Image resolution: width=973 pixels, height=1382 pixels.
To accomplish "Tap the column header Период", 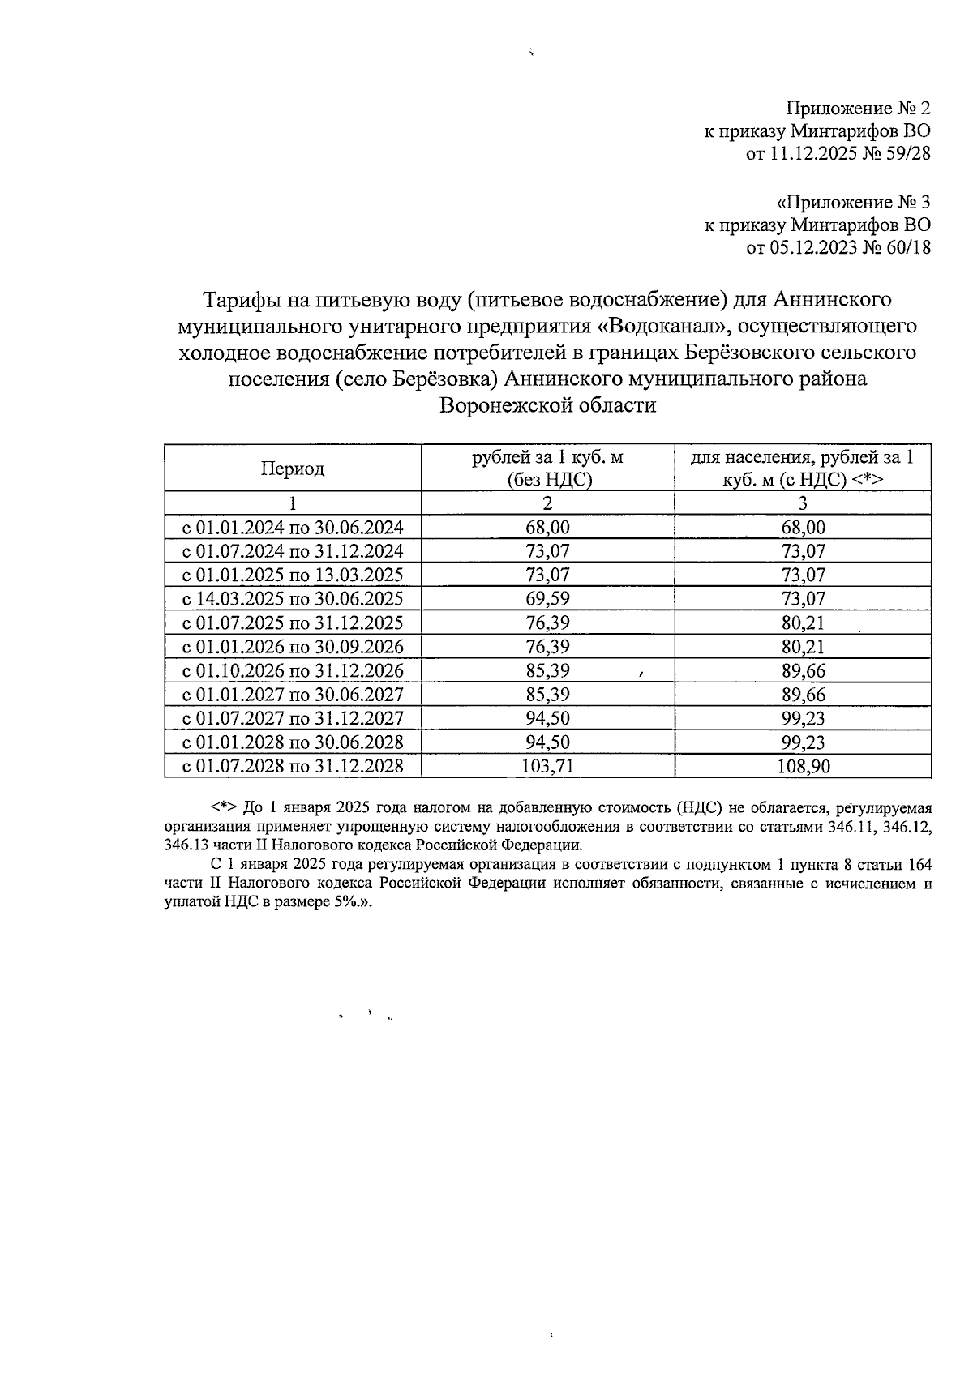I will [293, 469].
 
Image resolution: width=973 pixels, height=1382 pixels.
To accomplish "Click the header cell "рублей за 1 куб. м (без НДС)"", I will [547, 468].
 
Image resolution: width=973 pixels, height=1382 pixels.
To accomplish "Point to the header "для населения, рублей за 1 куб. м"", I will [802, 468].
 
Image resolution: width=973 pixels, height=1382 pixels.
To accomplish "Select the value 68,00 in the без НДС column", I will [547, 528].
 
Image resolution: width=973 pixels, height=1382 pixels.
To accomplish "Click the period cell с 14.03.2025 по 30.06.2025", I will [293, 599].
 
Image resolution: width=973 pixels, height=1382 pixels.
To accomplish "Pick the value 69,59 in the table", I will [547, 599].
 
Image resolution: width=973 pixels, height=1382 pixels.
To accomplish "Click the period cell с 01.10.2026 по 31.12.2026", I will [293, 670].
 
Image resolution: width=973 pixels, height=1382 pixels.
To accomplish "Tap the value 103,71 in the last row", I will [547, 766].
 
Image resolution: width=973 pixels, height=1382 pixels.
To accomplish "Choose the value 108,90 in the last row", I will [802, 766].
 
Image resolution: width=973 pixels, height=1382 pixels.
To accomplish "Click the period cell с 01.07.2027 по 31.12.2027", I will [293, 718].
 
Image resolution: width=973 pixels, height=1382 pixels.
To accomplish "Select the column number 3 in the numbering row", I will [802, 503].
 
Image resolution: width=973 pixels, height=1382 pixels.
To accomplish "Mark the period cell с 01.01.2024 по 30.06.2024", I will [293, 528].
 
